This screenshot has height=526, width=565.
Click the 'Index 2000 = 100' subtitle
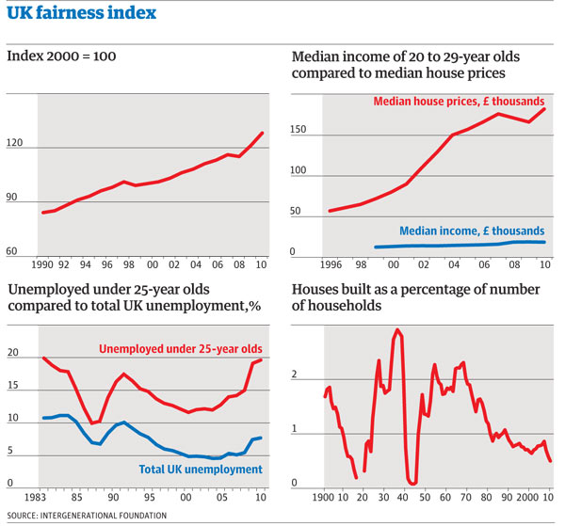pyautogui.click(x=61, y=56)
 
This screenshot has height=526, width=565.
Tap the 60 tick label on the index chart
pyautogui.click(x=16, y=252)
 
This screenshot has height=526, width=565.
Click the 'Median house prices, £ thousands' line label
pyautogui.click(x=459, y=101)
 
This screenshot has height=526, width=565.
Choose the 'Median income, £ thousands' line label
pyautogui.click(x=472, y=230)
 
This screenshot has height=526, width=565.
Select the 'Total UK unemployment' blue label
pyautogui.click(x=194, y=469)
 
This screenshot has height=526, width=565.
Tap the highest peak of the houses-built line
pyautogui.click(x=397, y=330)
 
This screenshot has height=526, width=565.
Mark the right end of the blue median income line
pyautogui.click(x=544, y=243)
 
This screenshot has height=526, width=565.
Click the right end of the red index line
pyautogui.click(x=263, y=134)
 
